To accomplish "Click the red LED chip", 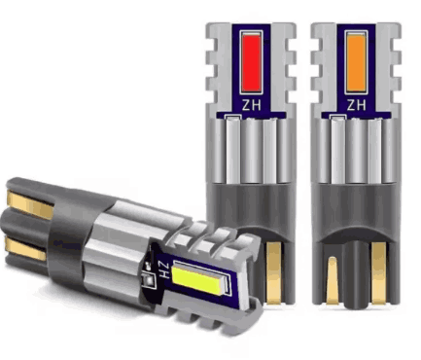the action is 251,62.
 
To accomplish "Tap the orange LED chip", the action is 356,62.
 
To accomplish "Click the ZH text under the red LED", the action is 251,105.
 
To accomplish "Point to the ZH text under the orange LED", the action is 356,105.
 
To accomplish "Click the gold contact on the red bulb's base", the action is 274,273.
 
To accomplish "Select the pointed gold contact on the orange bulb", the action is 333,280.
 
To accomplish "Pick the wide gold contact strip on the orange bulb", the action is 378,273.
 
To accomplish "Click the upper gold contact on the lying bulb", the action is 30,205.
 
